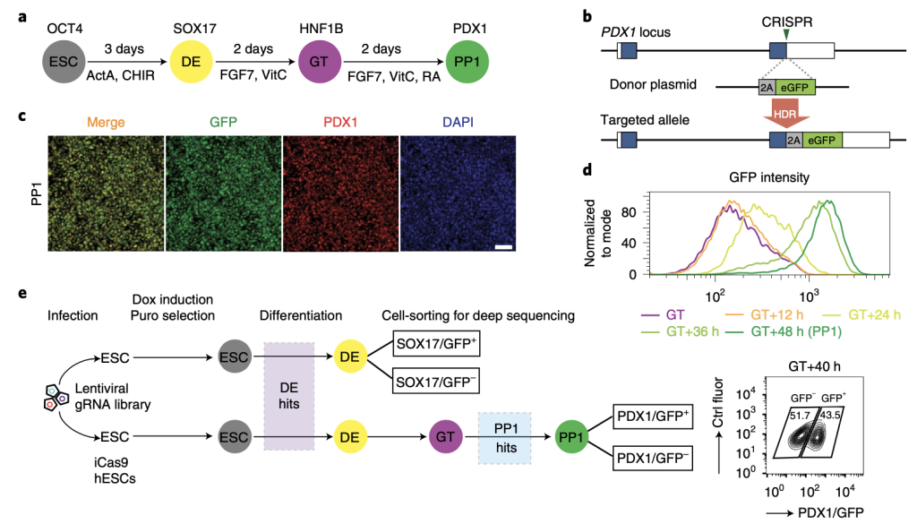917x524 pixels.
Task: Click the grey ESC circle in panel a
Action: point(64,62)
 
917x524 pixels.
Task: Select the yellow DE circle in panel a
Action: point(191,62)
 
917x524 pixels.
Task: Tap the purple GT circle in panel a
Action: point(319,62)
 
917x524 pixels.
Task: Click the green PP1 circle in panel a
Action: point(467,62)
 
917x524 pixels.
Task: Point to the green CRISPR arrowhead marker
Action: point(786,35)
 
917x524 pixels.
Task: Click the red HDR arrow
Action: point(786,113)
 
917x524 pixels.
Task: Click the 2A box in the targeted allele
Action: point(793,141)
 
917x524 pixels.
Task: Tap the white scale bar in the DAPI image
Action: point(503,247)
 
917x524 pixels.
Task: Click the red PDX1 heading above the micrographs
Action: point(340,122)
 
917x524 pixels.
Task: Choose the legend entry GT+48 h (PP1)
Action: point(784,331)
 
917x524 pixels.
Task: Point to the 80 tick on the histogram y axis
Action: point(629,211)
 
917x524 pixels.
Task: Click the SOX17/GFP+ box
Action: point(436,344)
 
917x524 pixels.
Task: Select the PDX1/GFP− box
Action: point(653,458)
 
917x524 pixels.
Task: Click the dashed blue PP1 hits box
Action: point(505,438)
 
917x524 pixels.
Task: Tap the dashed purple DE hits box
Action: point(289,396)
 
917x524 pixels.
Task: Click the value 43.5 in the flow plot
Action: point(830,416)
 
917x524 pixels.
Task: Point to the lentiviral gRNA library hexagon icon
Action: point(56,397)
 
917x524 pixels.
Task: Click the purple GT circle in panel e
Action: point(445,437)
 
